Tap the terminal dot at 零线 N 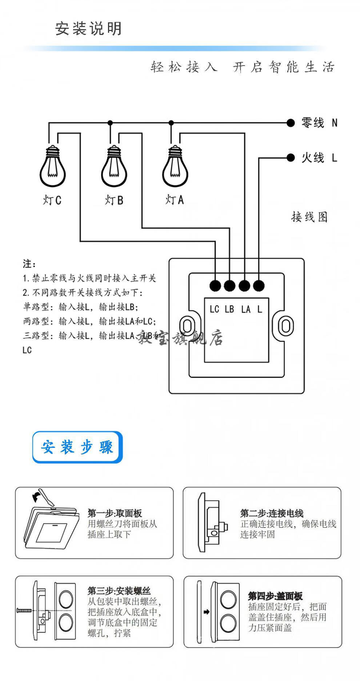[x=290, y=123]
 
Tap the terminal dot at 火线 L [x=290, y=158]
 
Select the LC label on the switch [x=214, y=309]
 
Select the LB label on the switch [x=229, y=309]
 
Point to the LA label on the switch [x=245, y=309]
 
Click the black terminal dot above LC [x=215, y=286]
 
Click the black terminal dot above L [x=259, y=286]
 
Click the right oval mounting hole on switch [x=285, y=324]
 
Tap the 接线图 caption [x=309, y=217]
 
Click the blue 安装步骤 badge [x=77, y=447]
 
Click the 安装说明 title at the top [x=88, y=29]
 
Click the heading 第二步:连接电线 [x=271, y=513]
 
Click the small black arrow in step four [x=207, y=612]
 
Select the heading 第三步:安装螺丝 [x=119, y=591]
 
